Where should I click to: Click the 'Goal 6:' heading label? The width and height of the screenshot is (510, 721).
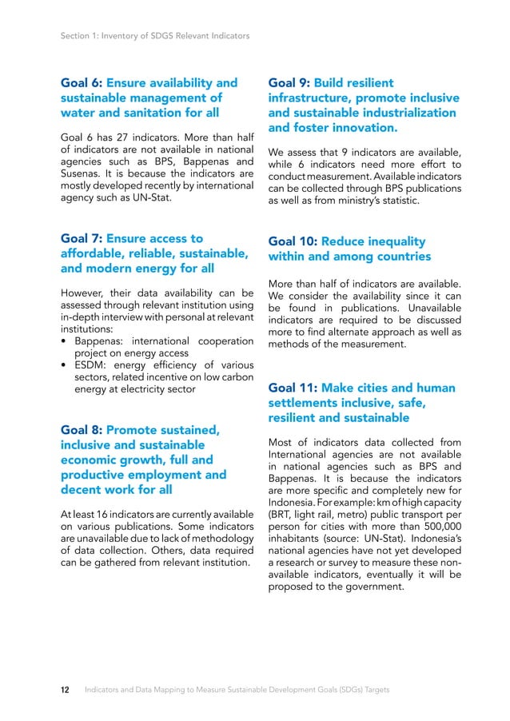[82, 83]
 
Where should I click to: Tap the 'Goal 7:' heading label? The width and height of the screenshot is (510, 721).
[82, 238]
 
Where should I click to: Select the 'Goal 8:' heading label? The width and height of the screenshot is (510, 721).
[82, 429]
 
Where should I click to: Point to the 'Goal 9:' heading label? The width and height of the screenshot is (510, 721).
[289, 83]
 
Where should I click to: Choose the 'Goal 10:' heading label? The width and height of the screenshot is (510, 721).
[293, 241]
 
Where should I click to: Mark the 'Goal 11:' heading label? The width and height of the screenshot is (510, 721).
[293, 388]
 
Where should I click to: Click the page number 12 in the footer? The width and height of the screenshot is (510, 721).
[67, 689]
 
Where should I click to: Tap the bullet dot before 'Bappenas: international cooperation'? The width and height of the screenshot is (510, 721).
[64, 341]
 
